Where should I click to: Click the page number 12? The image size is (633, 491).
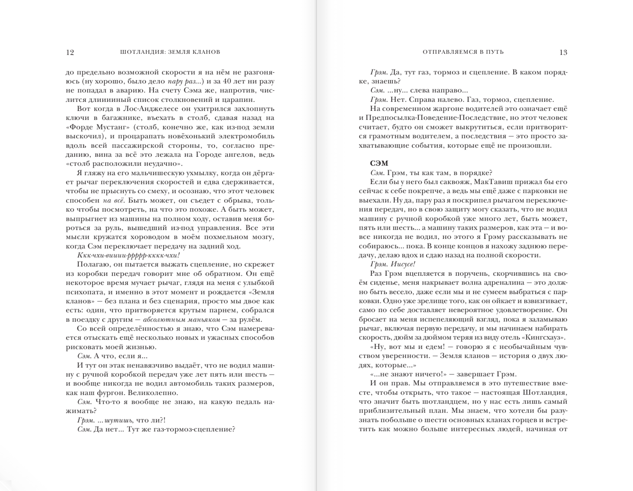pyautogui.click(x=70, y=52)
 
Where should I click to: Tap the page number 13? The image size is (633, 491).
pyautogui.click(x=563, y=52)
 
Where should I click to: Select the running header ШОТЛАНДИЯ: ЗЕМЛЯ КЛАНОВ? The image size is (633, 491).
pyautogui.click(x=170, y=52)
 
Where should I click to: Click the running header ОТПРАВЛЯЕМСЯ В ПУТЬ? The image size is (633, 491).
pyautogui.click(x=463, y=52)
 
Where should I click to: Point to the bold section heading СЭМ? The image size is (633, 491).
pyautogui.click(x=379, y=164)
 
